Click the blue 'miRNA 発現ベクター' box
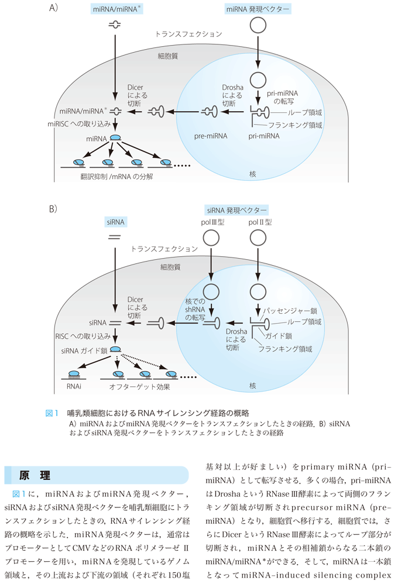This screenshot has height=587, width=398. pyautogui.click(x=258, y=9)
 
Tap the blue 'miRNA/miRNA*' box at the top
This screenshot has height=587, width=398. pyautogui.click(x=117, y=9)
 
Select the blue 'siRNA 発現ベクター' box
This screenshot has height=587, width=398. pyautogui.click(x=235, y=210)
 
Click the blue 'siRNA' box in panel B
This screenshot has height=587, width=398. pyautogui.click(x=116, y=222)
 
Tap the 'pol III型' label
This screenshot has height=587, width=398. pyautogui.click(x=210, y=222)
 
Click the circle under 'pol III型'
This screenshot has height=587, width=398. pyautogui.click(x=210, y=238)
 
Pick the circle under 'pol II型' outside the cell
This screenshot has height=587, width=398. pyautogui.click(x=258, y=238)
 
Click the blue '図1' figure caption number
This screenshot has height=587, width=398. pyautogui.click(x=53, y=413)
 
